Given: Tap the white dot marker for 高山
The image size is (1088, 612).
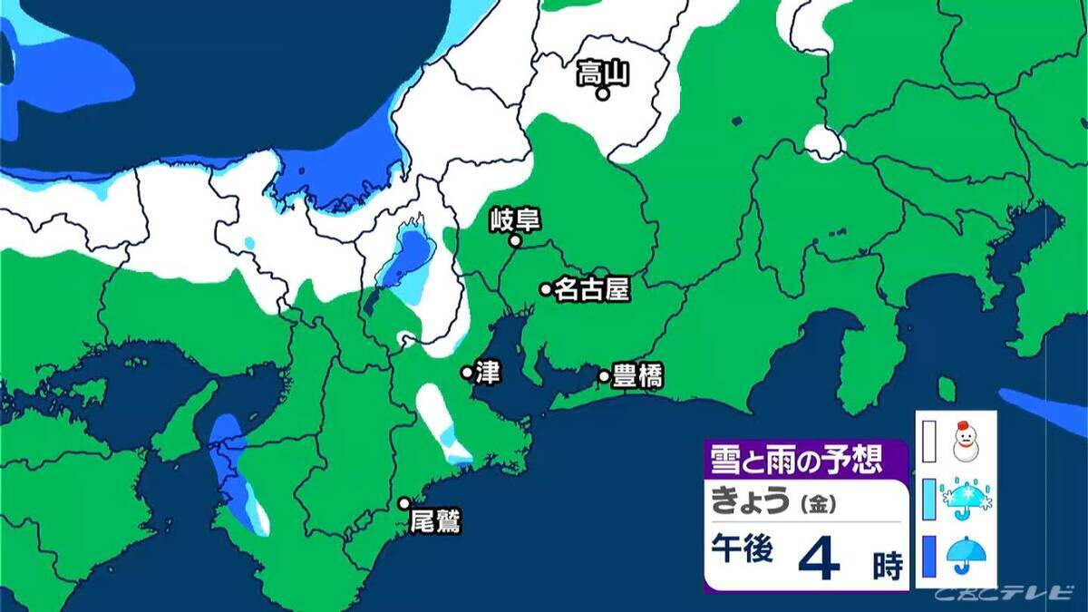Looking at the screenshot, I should click(x=601, y=92).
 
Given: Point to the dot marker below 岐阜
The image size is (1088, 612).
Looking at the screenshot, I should click(x=514, y=241).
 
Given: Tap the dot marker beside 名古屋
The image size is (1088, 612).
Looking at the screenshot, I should click(x=546, y=289).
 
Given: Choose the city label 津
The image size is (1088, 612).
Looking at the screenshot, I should click(x=488, y=373).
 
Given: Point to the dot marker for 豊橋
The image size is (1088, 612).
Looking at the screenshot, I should click(x=604, y=375).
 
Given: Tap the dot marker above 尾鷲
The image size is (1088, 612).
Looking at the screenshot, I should click(x=404, y=503).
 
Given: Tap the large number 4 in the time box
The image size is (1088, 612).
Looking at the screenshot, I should click(x=819, y=559).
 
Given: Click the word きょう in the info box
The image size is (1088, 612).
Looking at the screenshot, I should click(x=751, y=501).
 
